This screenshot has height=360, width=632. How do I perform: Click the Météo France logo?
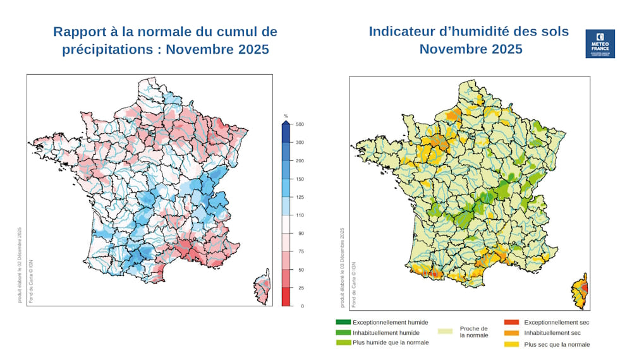pyautogui.click(x=600, y=44)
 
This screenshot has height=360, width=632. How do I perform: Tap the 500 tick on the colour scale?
pyautogui.click(x=300, y=125)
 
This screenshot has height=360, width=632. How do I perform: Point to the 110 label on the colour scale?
pyautogui.click(x=300, y=215)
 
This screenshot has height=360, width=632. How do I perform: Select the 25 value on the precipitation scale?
pyautogui.click(x=299, y=288)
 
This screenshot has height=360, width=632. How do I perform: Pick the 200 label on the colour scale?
pyautogui.click(x=300, y=161)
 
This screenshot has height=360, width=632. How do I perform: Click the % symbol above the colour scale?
pyautogui.click(x=286, y=116)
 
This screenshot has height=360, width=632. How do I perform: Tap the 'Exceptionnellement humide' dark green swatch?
pyautogui.click(x=343, y=322)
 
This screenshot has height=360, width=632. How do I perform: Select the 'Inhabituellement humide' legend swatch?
pyautogui.click(x=343, y=332)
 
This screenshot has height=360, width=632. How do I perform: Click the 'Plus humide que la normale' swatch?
pyautogui.click(x=343, y=342)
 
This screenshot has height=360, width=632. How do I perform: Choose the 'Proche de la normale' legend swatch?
pyautogui.click(x=447, y=332)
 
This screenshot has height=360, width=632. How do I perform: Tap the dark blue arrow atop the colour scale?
pyautogui.click(x=286, y=125)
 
